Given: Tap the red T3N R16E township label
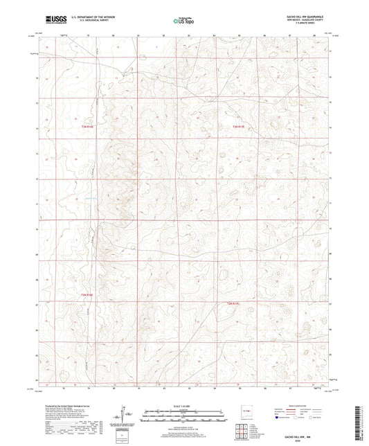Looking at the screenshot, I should coord(88,127).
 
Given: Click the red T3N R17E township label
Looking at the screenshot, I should coord(238,127).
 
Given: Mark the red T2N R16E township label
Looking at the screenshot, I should coord(87,295).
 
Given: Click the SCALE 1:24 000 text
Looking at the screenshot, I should coord(184,407).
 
